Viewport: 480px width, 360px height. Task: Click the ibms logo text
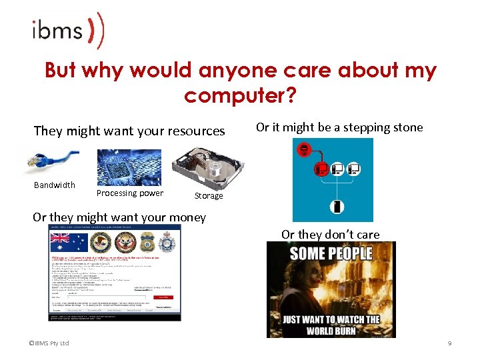click(57, 30)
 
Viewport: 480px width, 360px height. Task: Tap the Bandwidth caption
click(55, 185)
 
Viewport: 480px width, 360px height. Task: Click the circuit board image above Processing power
click(129, 167)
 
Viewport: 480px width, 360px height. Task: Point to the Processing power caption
click(129, 193)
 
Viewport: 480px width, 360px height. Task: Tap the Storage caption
click(209, 196)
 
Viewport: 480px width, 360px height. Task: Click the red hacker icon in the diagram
click(305, 151)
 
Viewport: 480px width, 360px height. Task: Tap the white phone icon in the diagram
click(338, 207)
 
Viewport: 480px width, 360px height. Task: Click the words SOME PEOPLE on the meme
click(331, 253)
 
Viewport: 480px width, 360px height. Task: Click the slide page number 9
click(449, 343)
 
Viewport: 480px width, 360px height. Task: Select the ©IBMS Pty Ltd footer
click(49, 343)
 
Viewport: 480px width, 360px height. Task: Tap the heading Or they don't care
click(331, 234)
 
